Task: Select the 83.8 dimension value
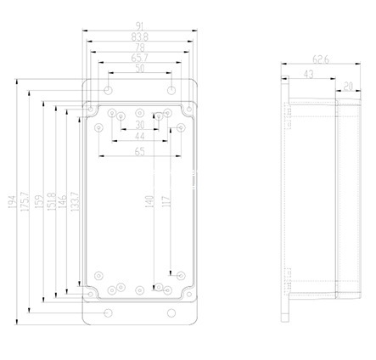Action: click(x=140, y=38)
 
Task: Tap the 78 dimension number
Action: click(x=140, y=48)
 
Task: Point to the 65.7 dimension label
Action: click(x=140, y=59)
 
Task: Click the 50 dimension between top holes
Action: click(x=140, y=69)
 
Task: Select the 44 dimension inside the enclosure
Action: click(x=140, y=137)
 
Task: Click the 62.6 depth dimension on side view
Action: click(x=321, y=59)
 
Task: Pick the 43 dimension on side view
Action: click(x=309, y=74)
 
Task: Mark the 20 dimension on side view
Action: click(x=349, y=86)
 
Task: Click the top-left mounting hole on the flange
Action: click(x=109, y=89)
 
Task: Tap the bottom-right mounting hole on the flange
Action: click(x=171, y=313)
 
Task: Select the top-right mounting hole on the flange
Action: click(x=171, y=89)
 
